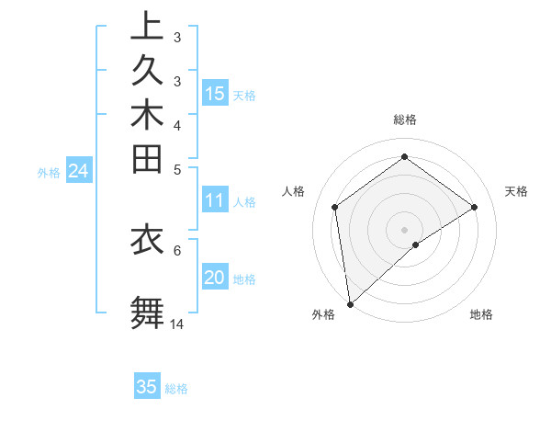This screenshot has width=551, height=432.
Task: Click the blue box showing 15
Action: tap(215, 94)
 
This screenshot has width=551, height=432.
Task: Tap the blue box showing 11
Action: tap(215, 200)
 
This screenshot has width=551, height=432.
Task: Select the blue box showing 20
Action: tap(215, 279)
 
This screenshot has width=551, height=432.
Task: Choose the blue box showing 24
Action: tap(79, 170)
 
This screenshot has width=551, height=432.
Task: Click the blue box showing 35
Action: tap(147, 387)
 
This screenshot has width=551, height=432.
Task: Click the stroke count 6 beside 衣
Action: tap(177, 249)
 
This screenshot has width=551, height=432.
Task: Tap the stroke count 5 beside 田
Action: tap(177, 169)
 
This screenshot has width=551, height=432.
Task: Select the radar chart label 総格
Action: tap(405, 119)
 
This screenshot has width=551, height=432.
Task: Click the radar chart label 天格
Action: tap(517, 191)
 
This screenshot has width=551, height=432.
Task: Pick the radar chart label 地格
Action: tap(481, 315)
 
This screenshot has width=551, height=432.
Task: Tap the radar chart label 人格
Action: tap(294, 191)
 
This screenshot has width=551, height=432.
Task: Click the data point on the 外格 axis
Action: tap(350, 303)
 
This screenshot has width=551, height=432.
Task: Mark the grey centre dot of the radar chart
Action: tap(405, 229)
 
